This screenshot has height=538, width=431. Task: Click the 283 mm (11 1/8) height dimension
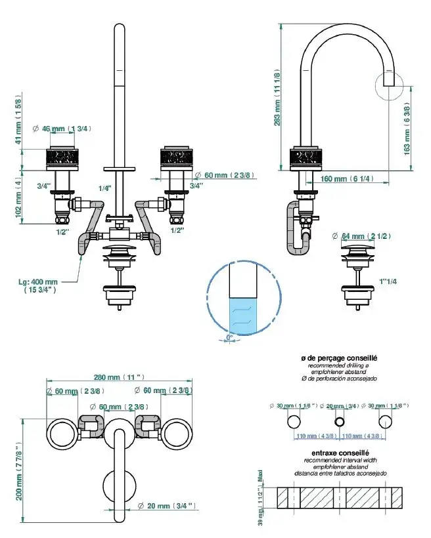coord(278,99)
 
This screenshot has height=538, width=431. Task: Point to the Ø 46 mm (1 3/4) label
coord(67,129)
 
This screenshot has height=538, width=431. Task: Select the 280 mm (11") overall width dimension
coord(118,378)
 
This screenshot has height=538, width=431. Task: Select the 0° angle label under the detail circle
coord(229,337)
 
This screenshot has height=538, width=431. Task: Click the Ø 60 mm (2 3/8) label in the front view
coord(225,175)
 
